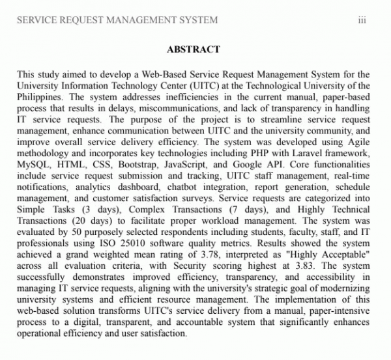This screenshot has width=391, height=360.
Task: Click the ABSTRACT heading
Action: pyautogui.click(x=194, y=49)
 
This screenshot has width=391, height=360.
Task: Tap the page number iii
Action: pyautogui.click(x=362, y=20)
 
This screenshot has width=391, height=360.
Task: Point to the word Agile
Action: pyautogui.click(x=360, y=143)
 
